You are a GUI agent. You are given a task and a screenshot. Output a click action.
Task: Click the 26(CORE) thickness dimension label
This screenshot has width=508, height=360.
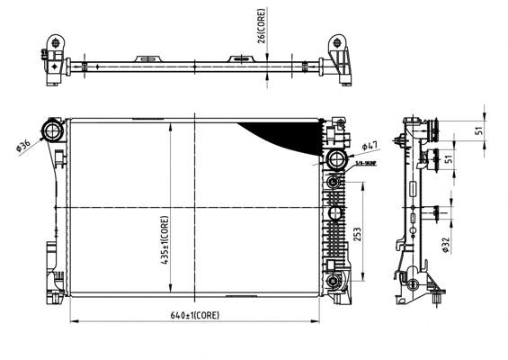coord(262,28)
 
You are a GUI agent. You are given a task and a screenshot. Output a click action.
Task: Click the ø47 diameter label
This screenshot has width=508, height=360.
coord(370,146)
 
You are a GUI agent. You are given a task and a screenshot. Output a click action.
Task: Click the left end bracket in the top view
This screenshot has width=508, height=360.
coord(56,56)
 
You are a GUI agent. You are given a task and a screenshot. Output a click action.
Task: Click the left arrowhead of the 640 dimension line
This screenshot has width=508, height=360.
coord(73,322)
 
